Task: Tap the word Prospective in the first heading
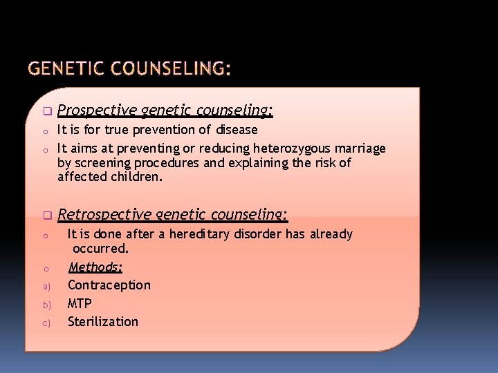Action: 97,111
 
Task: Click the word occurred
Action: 100,248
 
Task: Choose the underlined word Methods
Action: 95,267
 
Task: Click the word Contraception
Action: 109,285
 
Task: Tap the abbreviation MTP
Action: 80,303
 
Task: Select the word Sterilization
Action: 102,321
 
